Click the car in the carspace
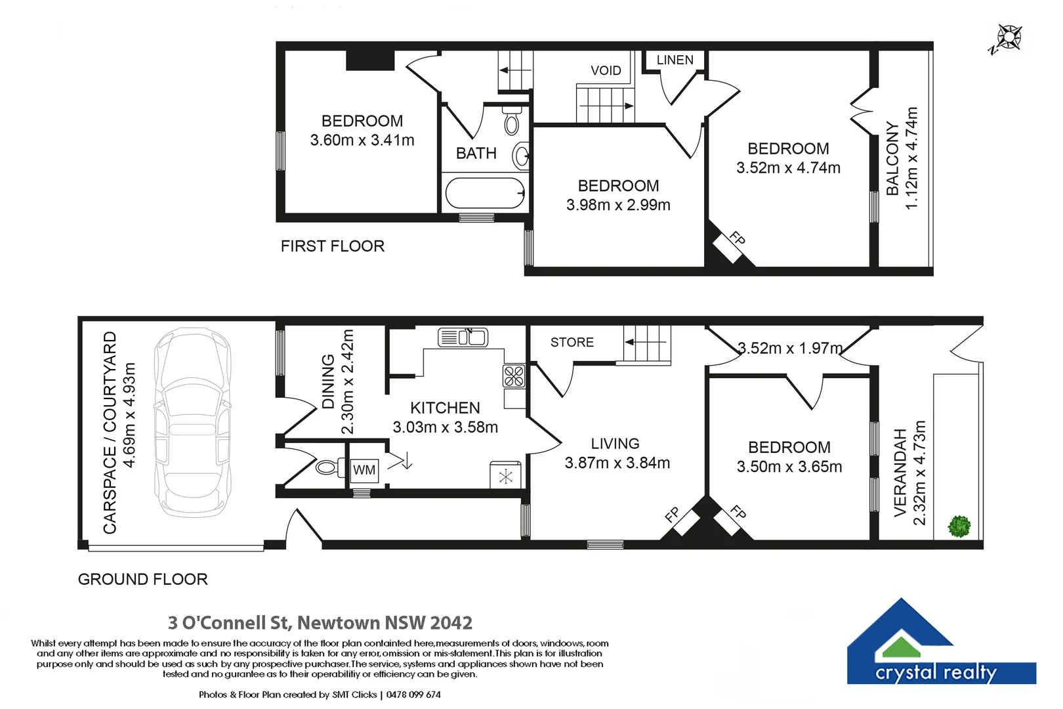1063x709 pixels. point(193,422)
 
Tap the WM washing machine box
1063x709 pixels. point(364,470)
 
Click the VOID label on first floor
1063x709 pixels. point(606,70)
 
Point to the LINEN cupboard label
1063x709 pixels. point(675,60)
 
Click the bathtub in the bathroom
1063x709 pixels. point(485,193)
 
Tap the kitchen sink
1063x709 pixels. point(463,337)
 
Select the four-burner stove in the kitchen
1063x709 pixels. point(514,376)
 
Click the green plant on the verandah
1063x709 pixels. point(959,526)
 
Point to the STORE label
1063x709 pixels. point(572,343)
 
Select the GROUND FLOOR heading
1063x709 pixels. point(143,580)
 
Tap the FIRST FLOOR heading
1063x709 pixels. point(333,246)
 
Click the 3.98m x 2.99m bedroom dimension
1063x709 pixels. point(618,205)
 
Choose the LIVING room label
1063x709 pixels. point(615,444)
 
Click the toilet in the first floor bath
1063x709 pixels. point(512,121)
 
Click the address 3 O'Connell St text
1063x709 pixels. point(230,622)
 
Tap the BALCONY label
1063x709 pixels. point(892,159)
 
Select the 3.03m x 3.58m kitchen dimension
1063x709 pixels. point(445,427)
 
